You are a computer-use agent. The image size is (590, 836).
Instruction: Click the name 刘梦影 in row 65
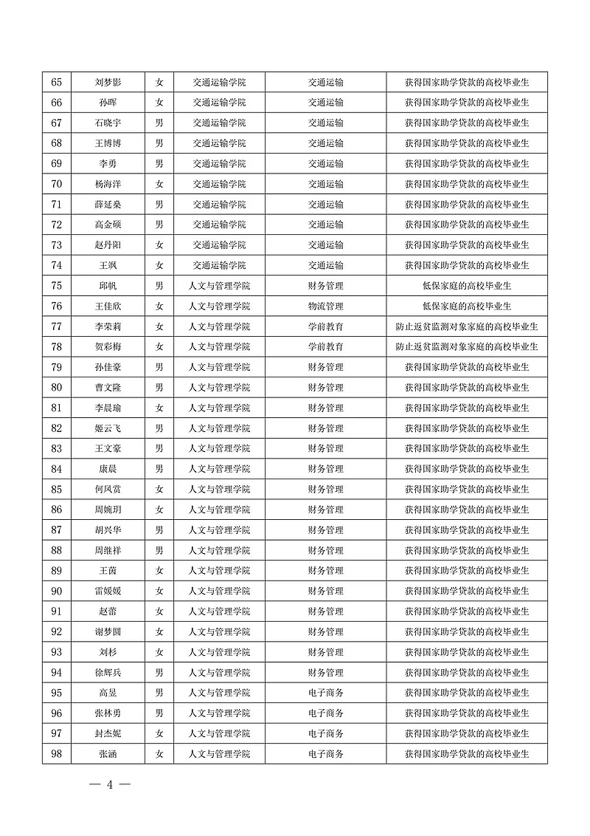(108, 82)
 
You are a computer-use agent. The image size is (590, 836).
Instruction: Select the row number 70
(57, 184)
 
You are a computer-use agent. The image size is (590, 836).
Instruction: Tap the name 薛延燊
(108, 205)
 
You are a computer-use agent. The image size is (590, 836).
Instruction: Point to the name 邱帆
(108, 286)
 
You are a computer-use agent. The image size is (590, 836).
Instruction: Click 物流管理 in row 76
(325, 306)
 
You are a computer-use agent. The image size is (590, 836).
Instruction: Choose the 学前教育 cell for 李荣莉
(325, 326)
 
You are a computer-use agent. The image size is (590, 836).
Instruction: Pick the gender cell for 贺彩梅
(159, 347)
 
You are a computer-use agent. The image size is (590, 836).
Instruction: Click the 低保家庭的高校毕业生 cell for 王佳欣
(467, 306)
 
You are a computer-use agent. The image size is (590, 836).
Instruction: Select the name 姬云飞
(108, 428)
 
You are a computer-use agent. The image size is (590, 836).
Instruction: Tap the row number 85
(57, 490)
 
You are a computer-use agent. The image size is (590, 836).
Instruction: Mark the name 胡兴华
(108, 530)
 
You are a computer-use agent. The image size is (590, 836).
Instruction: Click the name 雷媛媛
(108, 592)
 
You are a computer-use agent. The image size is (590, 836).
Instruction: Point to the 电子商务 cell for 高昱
(325, 693)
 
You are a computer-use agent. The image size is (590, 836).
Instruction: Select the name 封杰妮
(108, 734)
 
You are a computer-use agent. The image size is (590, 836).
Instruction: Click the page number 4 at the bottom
(109, 785)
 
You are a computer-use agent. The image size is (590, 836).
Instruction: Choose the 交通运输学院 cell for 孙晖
(219, 103)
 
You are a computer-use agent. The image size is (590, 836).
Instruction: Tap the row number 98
(57, 754)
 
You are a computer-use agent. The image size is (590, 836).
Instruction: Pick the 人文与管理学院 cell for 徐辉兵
(219, 673)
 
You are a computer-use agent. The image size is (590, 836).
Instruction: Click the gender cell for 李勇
(159, 164)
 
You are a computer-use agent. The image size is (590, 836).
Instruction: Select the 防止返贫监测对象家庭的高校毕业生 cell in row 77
(467, 326)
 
